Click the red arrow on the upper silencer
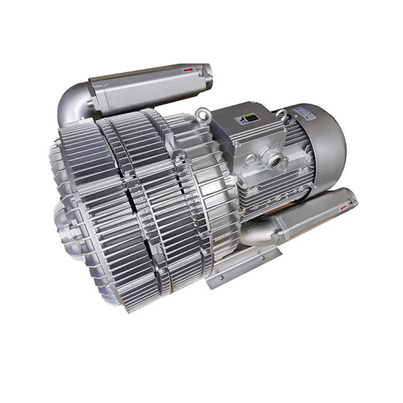click(188, 70)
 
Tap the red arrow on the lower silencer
click(344, 206)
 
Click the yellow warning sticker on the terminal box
click(248, 118)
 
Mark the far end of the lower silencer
click(350, 200)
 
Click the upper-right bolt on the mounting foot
click(262, 257)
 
